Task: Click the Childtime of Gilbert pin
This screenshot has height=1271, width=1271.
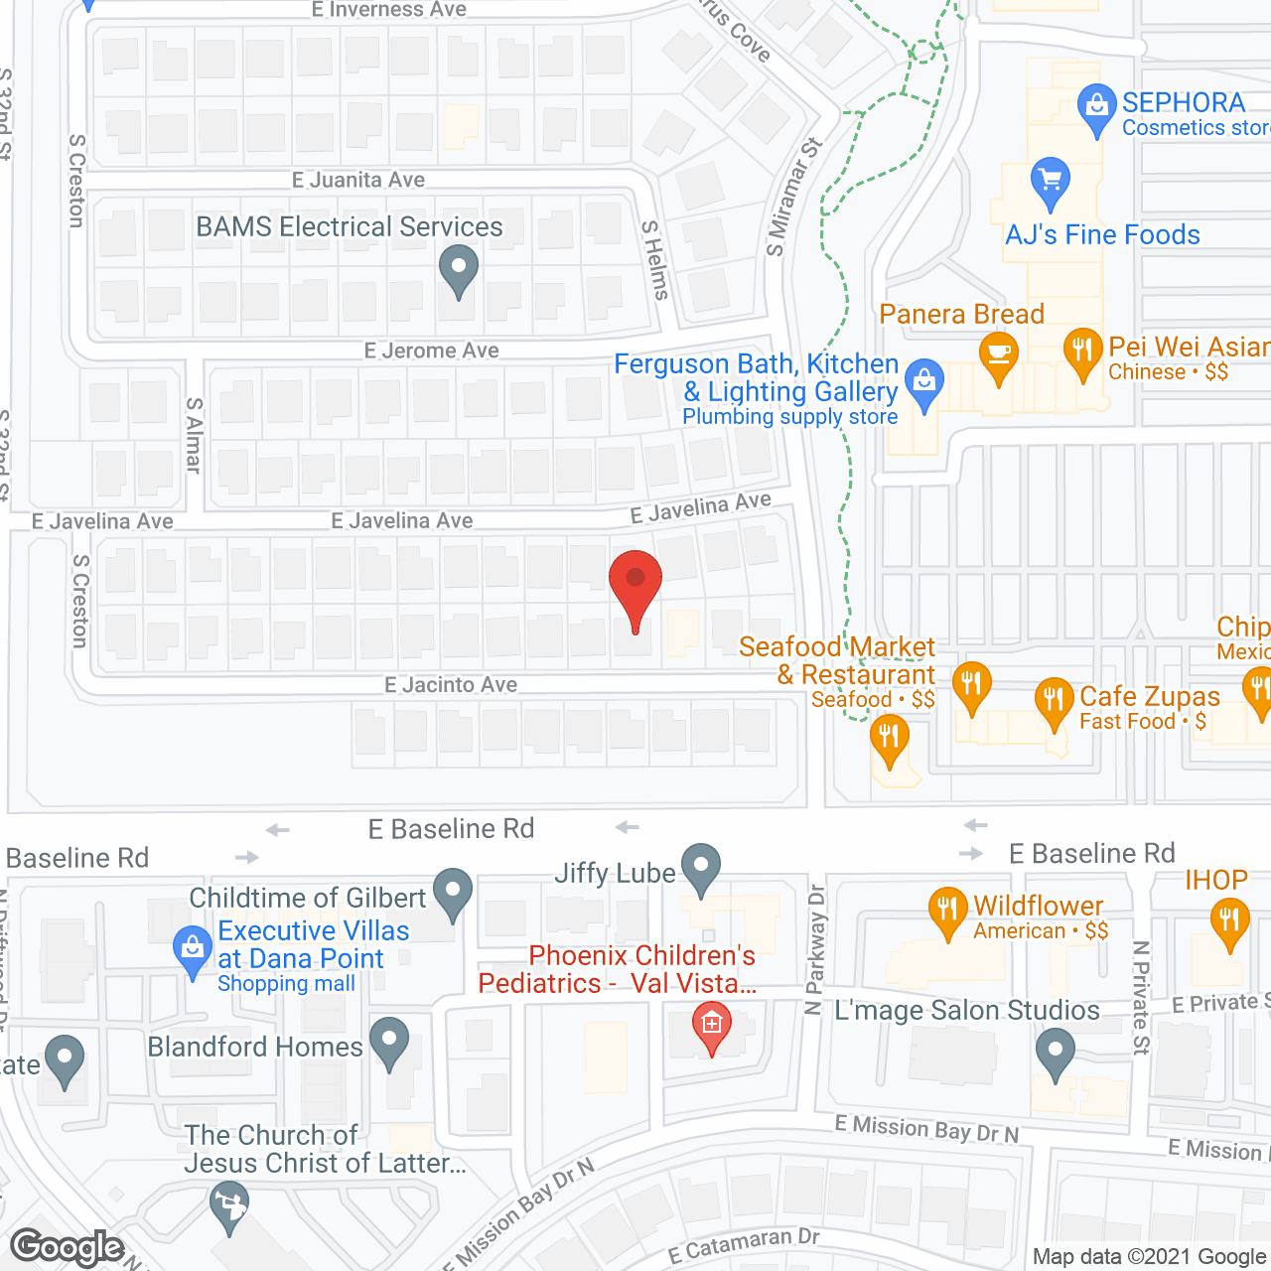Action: click(x=454, y=891)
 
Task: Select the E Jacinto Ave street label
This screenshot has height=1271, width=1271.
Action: click(x=451, y=684)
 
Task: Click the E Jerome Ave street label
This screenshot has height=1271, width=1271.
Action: click(x=431, y=351)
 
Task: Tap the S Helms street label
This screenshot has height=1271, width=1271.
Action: click(x=654, y=260)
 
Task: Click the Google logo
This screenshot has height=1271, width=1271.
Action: click(x=68, y=1247)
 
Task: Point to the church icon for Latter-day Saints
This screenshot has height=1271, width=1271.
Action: click(x=229, y=1204)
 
